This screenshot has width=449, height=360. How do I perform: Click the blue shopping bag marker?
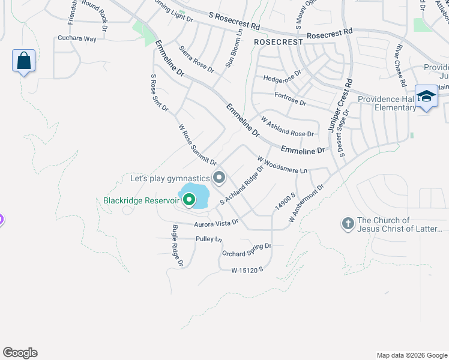coord(23,61)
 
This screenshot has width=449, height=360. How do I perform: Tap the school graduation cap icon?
coord(426,97)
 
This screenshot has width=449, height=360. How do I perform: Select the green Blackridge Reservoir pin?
coord(189,199)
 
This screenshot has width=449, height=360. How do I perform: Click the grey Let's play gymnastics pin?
coord(219,177)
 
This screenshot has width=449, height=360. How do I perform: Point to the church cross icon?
coord(347,224)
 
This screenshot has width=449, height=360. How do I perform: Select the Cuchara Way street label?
coord(77,38)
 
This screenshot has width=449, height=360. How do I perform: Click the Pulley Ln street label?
coord(209,239)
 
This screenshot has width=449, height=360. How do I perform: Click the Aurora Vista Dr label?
coord(216,223)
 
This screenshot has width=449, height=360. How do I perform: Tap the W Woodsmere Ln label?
coord(282,165)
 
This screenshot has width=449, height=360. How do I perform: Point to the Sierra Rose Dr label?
coord(196,58)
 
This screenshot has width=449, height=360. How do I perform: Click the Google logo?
coord(20,353)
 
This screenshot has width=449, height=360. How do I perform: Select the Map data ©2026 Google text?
coord(411,355)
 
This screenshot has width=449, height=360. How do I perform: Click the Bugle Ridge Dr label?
coord(177,245)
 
